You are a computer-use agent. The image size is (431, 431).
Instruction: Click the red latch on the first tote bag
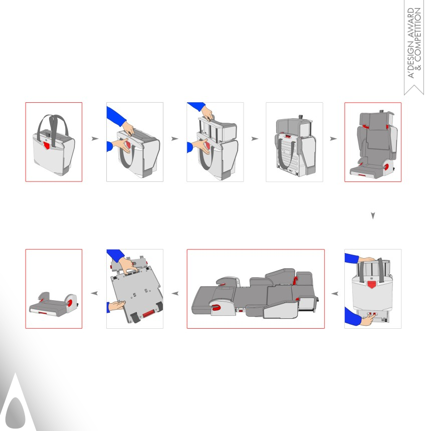coord(47,145)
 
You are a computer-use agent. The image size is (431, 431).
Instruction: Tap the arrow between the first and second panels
coord(95,138)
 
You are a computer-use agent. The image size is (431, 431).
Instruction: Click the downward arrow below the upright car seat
coord(373,216)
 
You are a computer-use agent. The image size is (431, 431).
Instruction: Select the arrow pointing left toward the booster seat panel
coord(95,293)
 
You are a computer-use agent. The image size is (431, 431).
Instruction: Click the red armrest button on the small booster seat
coord(70,303)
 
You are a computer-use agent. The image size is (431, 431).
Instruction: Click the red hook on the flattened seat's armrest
coord(216,307)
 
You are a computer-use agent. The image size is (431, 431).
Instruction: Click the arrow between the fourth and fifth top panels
coord(333,138)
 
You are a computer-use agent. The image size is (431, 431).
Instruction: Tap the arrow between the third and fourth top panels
coord(255,138)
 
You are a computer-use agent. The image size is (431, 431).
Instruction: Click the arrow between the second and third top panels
coord(175,138)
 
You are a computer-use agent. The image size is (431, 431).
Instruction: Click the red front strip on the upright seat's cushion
coord(362,175)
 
